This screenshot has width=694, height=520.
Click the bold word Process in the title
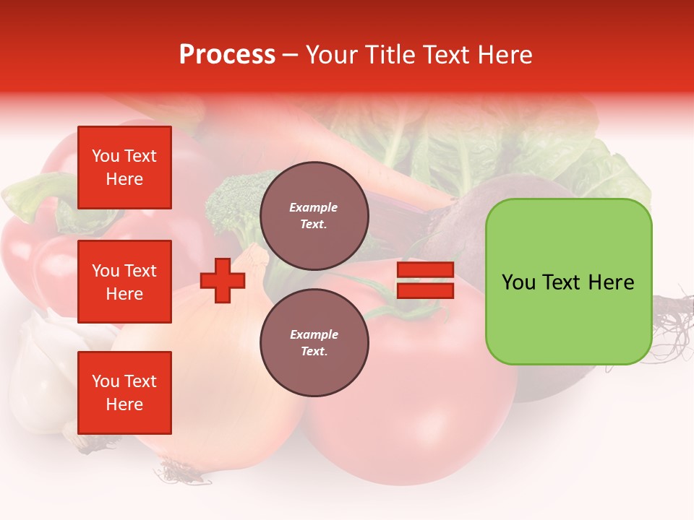(x=227, y=55)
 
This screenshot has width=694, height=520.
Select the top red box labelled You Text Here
(x=124, y=168)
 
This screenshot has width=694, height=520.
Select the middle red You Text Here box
(x=124, y=282)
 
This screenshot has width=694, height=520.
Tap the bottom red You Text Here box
(x=124, y=393)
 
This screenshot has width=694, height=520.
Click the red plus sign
(x=223, y=280)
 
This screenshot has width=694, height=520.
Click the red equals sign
(x=425, y=280)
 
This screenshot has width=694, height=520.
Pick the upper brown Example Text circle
(x=314, y=215)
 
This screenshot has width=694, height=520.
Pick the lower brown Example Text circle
(x=314, y=342)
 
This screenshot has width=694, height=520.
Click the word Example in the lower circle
(x=314, y=334)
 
